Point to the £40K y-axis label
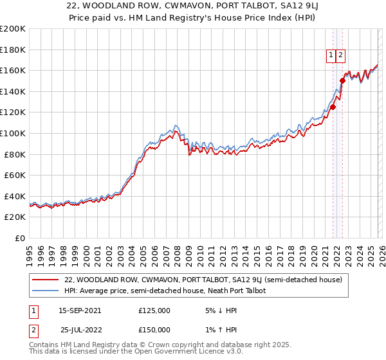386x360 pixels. (x=14, y=196)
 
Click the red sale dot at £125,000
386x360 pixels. (x=333, y=107)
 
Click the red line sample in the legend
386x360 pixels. (x=46, y=280)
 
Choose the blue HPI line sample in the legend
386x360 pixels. (x=46, y=291)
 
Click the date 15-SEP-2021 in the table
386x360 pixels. (x=80, y=310)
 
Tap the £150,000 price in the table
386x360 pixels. (x=154, y=329)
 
